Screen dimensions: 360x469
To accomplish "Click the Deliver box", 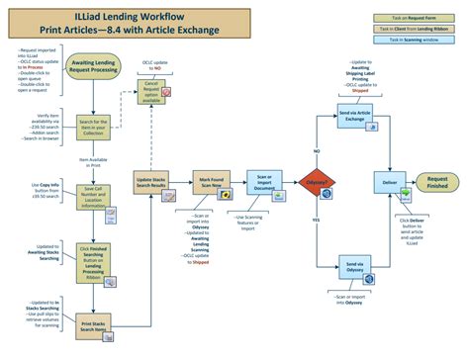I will pos(389,185).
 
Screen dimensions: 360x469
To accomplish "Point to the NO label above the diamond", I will pos(317,152).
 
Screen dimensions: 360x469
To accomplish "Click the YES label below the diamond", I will pos(317,219).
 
